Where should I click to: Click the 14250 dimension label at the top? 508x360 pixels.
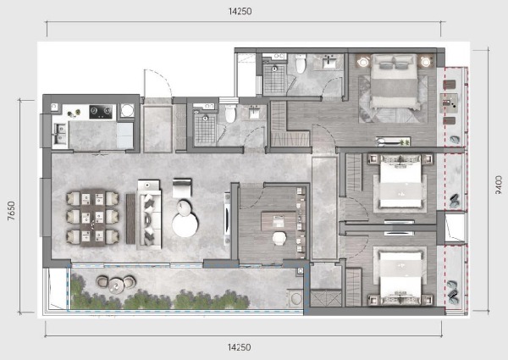[240, 11]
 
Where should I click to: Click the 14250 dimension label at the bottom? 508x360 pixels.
[239, 347]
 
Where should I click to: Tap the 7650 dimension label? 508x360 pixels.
[11, 211]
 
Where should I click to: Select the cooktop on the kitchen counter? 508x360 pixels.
[101, 112]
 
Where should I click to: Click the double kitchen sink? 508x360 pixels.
[61, 134]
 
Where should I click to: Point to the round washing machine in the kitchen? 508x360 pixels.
[127, 110]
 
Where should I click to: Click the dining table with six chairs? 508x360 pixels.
[92, 218]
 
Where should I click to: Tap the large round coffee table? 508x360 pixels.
[185, 224]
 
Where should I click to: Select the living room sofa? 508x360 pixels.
[149, 215]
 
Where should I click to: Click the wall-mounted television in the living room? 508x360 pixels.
[228, 218]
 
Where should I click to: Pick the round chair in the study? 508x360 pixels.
[279, 238]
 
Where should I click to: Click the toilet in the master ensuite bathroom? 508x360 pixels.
[301, 64]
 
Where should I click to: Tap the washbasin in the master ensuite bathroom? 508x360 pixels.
[330, 62]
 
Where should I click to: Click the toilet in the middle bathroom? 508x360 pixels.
[230, 114]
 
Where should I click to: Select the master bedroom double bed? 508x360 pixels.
[394, 81]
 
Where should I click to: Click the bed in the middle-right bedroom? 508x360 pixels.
[400, 180]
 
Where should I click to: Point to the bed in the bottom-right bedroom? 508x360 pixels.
[400, 278]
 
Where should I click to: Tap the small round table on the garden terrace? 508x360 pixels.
[116, 285]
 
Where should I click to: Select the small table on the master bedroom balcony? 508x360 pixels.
[449, 103]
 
